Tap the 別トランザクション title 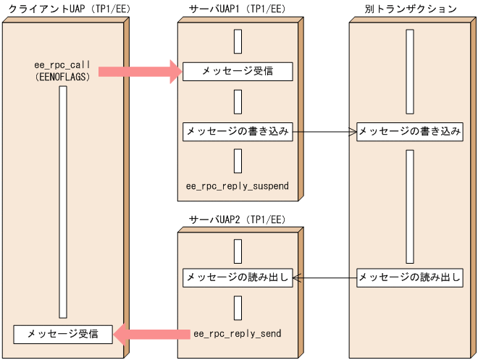tap(411, 9)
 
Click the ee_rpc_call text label tap(62, 64)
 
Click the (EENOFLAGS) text tap(62, 75)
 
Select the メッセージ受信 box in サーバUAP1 tap(237, 71)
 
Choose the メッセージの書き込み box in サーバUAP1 tap(237, 132)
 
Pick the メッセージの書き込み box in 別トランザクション tap(410, 132)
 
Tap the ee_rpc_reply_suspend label tap(237, 186)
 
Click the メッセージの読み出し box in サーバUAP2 tap(237, 277)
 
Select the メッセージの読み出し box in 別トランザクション tap(410, 277)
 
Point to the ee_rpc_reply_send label tap(237, 334)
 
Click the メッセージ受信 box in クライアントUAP tap(62, 334)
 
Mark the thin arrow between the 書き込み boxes tap(324, 132)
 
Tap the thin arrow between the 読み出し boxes tap(324, 277)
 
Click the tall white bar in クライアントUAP tap(62, 203)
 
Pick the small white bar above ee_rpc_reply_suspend tap(238, 161)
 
